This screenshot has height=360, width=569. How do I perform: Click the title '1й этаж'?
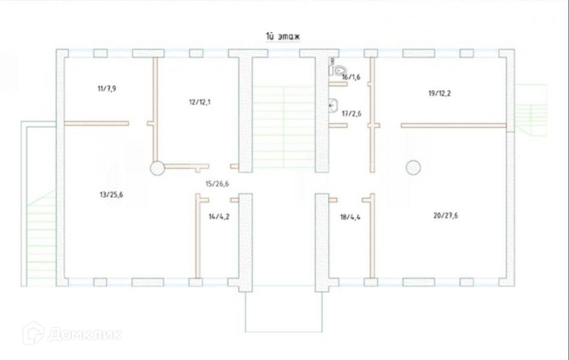[x=282, y=37]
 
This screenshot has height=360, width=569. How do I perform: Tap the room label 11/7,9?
[x=107, y=89]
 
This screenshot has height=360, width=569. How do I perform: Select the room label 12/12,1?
[x=200, y=102]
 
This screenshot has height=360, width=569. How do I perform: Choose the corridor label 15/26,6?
[x=217, y=184]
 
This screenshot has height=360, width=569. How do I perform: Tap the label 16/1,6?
[x=351, y=77]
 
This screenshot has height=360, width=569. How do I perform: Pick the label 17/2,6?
[x=351, y=113]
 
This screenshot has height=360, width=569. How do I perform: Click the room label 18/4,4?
[x=350, y=217]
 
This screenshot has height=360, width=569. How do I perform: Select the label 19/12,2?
[x=441, y=94]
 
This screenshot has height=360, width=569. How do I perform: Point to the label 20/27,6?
[x=445, y=215]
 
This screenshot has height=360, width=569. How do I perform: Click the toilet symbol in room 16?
[x=339, y=68]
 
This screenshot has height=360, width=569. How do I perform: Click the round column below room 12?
[x=157, y=168]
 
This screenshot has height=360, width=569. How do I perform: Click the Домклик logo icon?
[x=33, y=333]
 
